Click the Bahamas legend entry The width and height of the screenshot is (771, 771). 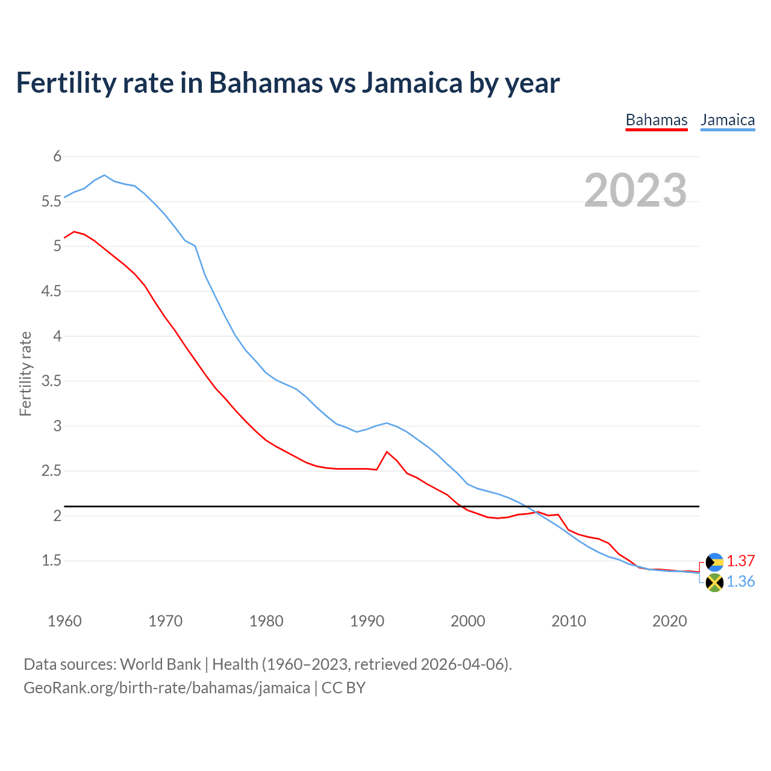point(656,120)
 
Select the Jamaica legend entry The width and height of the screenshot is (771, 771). point(728,120)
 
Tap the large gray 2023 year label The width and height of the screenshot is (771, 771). point(635,190)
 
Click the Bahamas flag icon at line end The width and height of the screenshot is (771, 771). point(714,561)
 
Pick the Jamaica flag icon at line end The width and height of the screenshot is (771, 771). point(714,582)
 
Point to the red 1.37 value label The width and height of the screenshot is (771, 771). point(740,561)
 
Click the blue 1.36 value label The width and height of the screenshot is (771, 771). point(740,581)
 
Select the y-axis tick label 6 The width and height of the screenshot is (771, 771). point(57,157)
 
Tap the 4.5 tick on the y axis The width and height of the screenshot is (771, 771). point(52,292)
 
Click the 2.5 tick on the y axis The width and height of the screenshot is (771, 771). point(52,471)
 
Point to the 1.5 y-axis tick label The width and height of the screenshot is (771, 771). point(52,561)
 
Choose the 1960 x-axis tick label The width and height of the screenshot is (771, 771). point(64,621)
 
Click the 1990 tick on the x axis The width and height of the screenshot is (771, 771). point(367,621)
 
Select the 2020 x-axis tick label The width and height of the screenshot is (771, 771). point(669,621)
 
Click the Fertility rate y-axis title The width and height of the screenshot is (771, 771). point(25,373)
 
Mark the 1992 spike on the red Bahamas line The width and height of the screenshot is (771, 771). point(387,452)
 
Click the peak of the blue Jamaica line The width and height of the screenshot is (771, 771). point(104,175)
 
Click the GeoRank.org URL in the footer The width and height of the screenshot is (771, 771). point(167,687)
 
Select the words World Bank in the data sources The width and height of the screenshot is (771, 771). point(160,664)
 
